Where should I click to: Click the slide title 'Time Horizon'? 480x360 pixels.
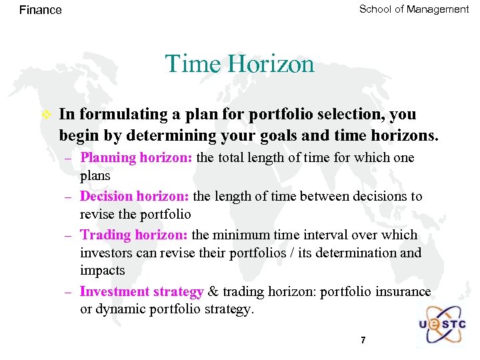[239, 64]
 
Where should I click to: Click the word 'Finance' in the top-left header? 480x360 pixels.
[41, 10]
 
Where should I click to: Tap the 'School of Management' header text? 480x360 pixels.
[413, 9]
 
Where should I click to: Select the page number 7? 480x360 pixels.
[363, 340]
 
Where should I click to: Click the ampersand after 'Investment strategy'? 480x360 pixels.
[213, 291]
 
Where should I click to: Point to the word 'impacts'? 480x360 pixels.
[102, 271]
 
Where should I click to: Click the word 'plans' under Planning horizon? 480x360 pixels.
[95, 177]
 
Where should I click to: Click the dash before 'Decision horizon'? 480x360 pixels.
[68, 197]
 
